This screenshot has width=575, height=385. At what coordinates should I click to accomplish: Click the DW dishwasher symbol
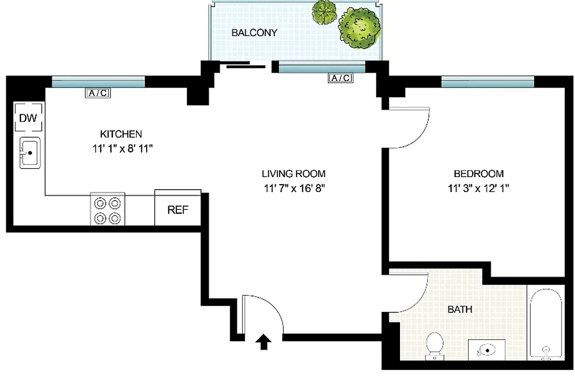[x=28, y=117]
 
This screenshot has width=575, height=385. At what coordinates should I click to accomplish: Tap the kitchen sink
[x=30, y=153]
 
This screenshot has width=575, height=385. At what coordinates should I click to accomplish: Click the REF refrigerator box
[x=177, y=209]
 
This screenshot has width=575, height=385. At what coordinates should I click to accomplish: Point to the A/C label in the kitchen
[x=98, y=93]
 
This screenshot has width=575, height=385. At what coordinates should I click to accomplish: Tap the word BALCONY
[x=254, y=33]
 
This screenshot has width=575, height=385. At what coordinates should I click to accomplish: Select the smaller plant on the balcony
[x=324, y=12]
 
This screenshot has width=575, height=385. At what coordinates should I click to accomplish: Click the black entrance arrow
[x=263, y=342]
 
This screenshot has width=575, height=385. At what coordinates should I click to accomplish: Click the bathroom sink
[x=487, y=349]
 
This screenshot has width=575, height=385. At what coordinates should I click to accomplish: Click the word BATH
[x=460, y=309]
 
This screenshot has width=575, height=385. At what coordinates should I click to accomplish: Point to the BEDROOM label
[x=478, y=174]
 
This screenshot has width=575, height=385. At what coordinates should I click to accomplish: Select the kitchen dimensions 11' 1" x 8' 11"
[x=122, y=149]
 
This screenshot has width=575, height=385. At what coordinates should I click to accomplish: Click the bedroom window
[x=487, y=82]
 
